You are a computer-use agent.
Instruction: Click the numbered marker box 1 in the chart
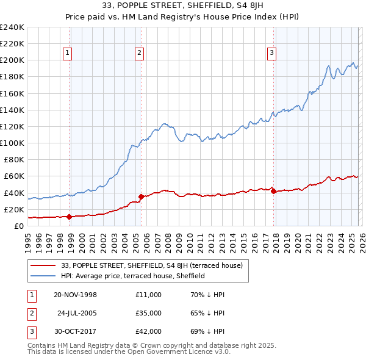click(x=67, y=53)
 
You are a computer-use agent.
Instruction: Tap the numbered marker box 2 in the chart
click(x=140, y=53)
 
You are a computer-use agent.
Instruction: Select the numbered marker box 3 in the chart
click(x=271, y=53)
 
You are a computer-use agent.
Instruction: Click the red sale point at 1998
click(x=70, y=217)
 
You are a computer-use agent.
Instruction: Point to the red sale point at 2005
click(x=141, y=196)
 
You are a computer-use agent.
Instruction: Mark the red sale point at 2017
click(x=273, y=191)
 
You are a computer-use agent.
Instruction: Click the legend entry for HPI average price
click(x=132, y=276)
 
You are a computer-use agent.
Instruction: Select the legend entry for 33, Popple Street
click(x=152, y=265)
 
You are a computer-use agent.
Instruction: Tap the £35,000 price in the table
click(x=149, y=313)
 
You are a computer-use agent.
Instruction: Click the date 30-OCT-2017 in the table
click(x=75, y=332)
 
